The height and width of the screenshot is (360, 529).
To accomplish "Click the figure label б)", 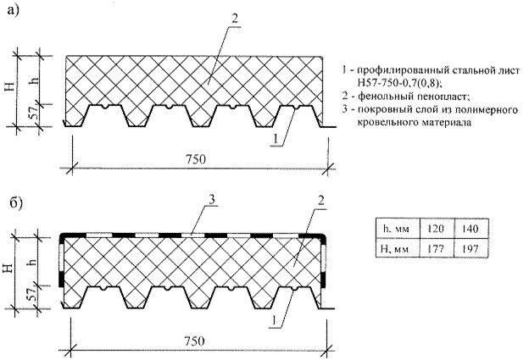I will pos(15,203).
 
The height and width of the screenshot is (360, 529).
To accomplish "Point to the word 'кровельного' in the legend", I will pos(384,123).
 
